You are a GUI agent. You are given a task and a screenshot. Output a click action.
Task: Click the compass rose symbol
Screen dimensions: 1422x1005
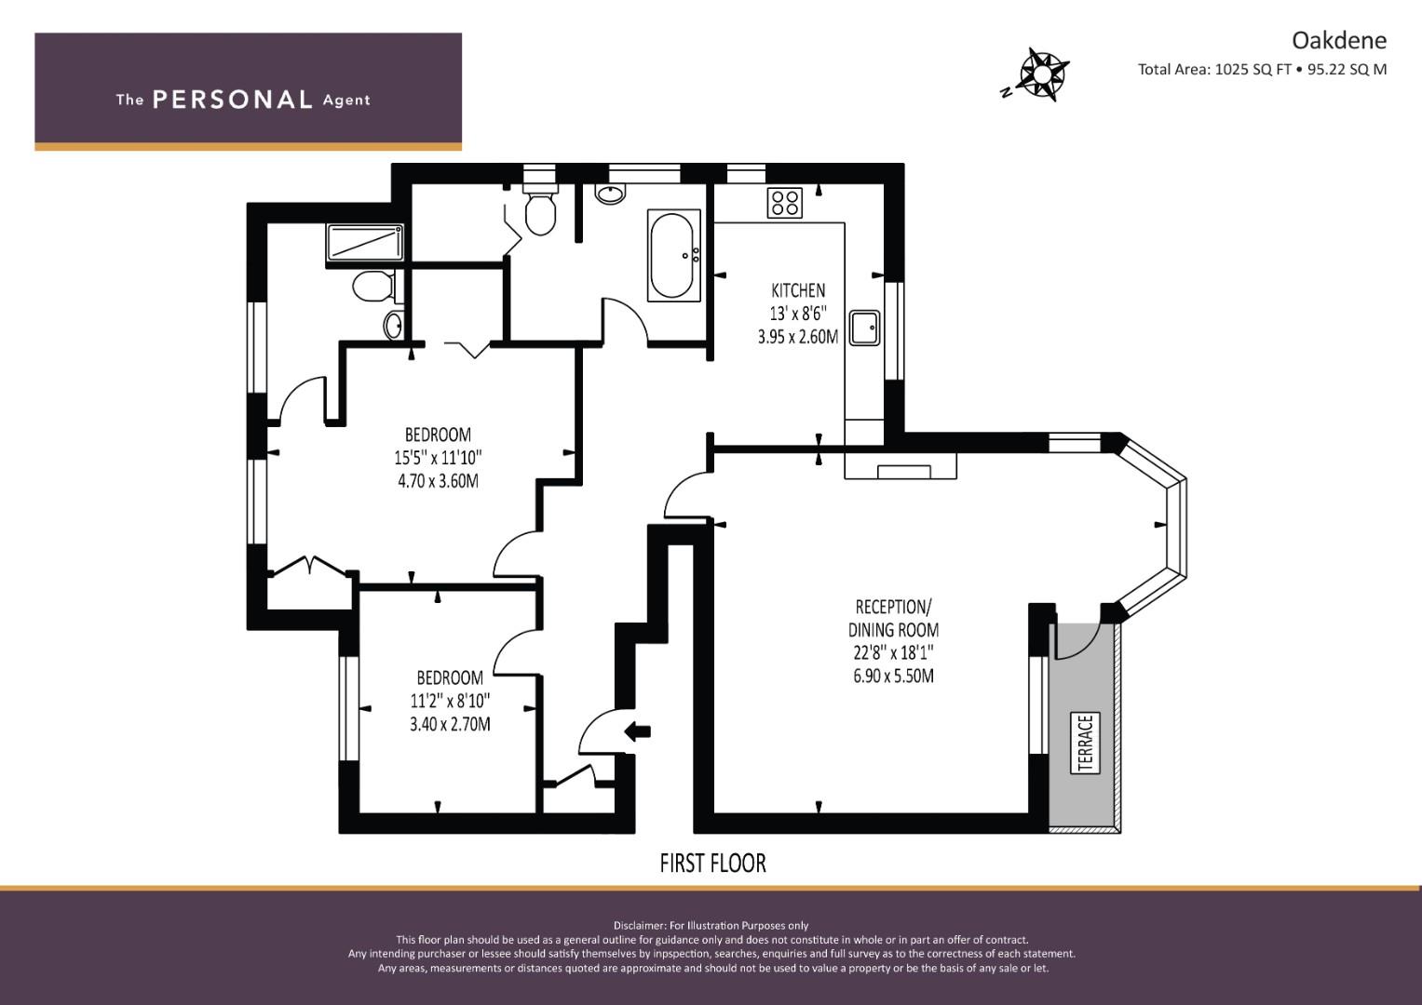pos(1040,74)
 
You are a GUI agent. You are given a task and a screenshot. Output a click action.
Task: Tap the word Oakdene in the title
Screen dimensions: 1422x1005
pos(1339,41)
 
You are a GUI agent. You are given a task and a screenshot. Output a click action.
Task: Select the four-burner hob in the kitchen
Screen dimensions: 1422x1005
pos(785,203)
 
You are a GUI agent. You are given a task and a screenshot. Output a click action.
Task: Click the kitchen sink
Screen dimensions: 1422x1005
pos(864,328)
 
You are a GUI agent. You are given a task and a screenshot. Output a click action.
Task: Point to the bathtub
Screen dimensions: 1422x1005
pos(673,256)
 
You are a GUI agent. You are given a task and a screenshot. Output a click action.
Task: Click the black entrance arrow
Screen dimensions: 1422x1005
pos(637,730)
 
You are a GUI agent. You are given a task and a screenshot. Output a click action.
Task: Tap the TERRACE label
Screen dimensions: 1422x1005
pos(1085,743)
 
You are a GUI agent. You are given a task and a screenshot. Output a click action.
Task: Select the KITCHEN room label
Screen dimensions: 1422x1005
pos(798,290)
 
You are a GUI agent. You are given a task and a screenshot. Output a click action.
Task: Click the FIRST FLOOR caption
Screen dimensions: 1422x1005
pos(713,864)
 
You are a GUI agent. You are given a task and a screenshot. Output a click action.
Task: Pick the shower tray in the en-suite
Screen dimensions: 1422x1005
pos(365,242)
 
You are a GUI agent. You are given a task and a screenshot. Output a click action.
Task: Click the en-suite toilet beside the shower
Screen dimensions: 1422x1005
pos(374,287)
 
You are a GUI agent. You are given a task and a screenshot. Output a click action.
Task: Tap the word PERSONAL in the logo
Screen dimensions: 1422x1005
pos(233,100)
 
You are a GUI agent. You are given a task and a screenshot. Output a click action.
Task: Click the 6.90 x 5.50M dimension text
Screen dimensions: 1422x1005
pos(893,676)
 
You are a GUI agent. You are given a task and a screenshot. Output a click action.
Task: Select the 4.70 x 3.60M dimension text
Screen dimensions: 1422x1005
pos(438,481)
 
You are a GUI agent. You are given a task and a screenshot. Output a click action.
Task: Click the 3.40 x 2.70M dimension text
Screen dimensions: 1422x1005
pos(450,724)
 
